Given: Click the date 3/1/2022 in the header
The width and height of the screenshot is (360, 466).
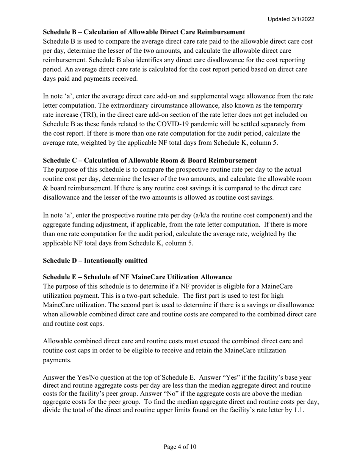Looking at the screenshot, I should click(301, 19).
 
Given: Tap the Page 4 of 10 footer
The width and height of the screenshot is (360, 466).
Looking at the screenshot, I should click(180, 447).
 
